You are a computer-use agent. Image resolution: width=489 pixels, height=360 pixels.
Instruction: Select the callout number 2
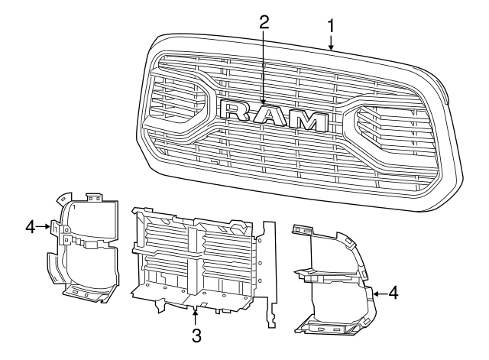tap(264, 21)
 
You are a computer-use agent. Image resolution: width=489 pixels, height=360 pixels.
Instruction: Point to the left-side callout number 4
tap(30, 226)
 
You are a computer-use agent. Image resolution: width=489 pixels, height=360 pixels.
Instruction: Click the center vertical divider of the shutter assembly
tap(201, 256)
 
